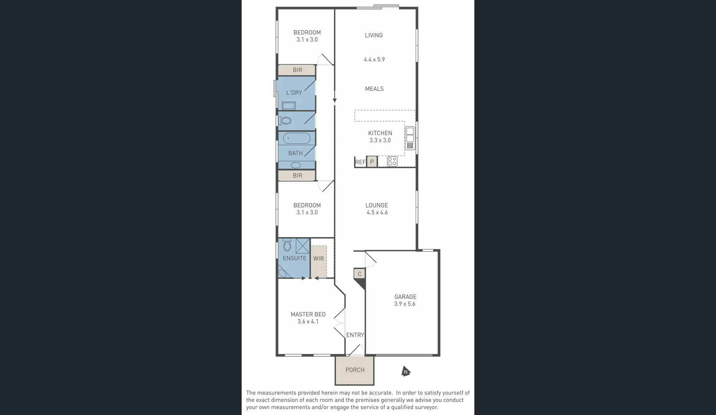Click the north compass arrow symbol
pos(406,371)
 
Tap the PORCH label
pos(355,370)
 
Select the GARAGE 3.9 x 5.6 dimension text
pos(404,304)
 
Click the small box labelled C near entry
pos(360,274)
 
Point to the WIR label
pos(318,259)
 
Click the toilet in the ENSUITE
pos(287,245)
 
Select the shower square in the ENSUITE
pos(303,246)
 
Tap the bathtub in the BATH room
pos(297,138)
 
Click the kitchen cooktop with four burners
pos(392,161)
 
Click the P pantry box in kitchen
pos(371,162)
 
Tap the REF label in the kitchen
pos(360,162)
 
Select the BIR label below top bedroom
pos(297,70)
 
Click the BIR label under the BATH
pos(297,176)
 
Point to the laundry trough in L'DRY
pos(288,106)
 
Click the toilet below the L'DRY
pos(285,121)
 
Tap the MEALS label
pos(374,89)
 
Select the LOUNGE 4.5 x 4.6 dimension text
pos(377,212)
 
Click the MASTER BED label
pos(308,314)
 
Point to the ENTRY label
pos(355,335)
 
